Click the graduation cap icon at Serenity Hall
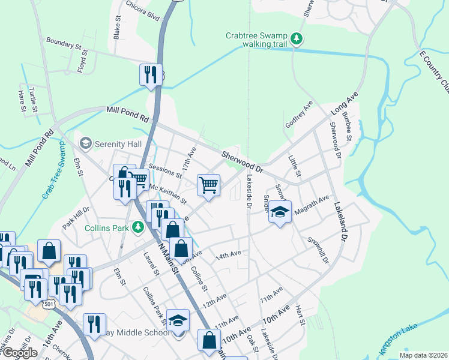click(86, 143)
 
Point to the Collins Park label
click(109, 227)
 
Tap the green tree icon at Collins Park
click(139, 227)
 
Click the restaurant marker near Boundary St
click(150, 74)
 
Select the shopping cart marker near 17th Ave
click(208, 185)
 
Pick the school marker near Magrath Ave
click(280, 212)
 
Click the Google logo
click(19, 352)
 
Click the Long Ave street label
click(345, 103)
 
